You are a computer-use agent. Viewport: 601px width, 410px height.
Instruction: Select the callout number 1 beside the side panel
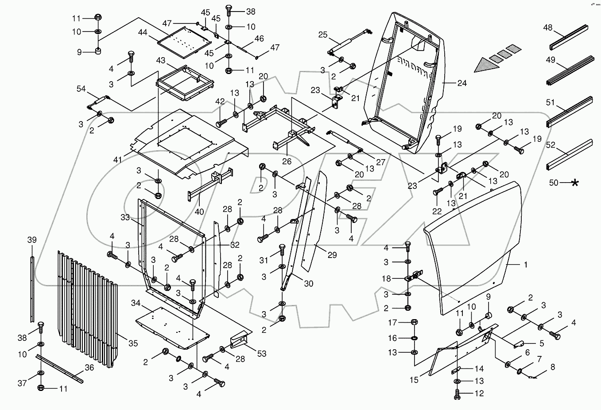click(x=525, y=265)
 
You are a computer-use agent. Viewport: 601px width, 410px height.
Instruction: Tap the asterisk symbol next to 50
click(x=575, y=183)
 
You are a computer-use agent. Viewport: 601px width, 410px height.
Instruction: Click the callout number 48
click(x=547, y=27)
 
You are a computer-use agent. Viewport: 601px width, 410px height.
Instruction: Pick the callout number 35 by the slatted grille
click(x=133, y=343)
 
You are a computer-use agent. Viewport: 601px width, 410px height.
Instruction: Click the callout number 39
click(x=32, y=240)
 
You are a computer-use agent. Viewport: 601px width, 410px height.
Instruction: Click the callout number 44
click(x=142, y=32)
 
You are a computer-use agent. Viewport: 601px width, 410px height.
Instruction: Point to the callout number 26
click(x=287, y=161)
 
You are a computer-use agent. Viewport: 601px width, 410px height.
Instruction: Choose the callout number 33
click(x=125, y=218)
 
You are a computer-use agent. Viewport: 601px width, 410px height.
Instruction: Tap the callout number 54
click(x=81, y=89)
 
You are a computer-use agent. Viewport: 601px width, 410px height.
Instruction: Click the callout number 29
click(x=332, y=255)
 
